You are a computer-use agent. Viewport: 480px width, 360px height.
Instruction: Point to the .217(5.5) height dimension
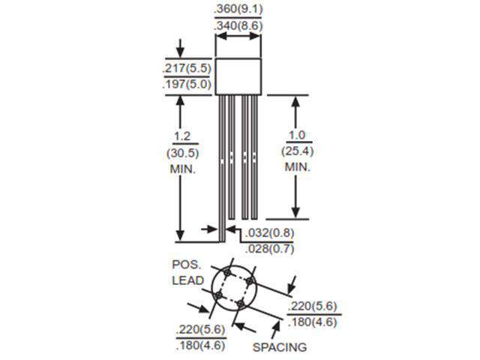point(187,68)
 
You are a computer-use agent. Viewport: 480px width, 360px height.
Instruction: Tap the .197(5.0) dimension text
point(187,85)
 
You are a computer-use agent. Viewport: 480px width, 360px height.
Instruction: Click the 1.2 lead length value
point(181,136)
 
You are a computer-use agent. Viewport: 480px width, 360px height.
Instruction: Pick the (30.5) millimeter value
point(181,153)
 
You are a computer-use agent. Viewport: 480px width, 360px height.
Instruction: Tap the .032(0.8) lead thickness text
point(270,232)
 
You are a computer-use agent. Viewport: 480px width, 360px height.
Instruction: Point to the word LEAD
point(187,282)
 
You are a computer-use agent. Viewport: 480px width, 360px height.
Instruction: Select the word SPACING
point(279,347)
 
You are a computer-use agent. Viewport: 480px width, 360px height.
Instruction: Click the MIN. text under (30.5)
point(181,169)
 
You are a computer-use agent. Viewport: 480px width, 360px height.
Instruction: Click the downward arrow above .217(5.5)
point(180,47)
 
